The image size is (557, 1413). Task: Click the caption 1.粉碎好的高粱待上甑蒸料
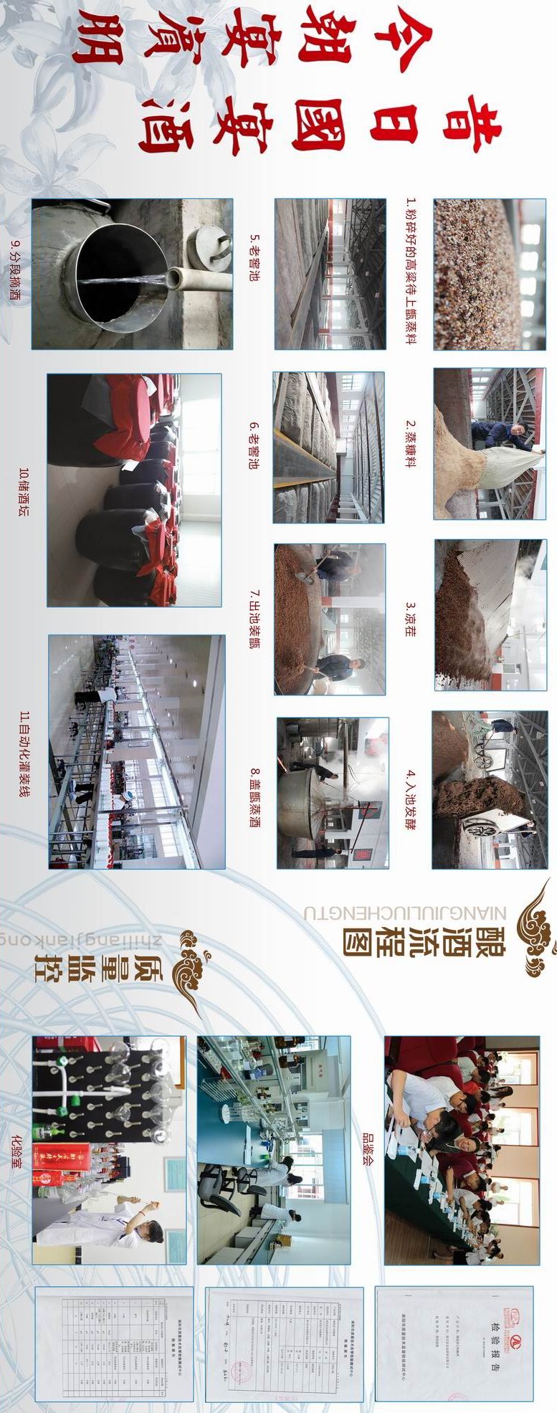point(411,273)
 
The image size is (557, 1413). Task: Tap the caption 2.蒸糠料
point(410,444)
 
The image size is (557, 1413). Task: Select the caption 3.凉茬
point(410,615)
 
